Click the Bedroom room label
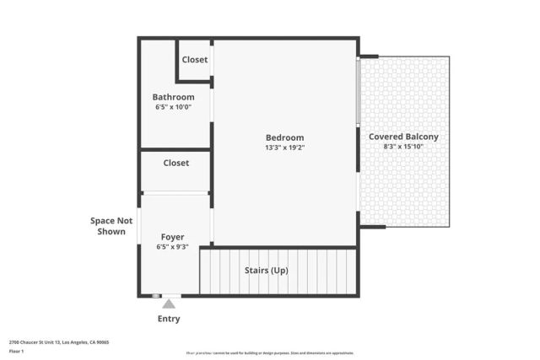[284, 137]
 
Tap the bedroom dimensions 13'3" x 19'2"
[284, 148]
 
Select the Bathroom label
[173, 97]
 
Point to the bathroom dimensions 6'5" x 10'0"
[173, 107]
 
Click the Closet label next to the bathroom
[195, 60]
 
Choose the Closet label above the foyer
[175, 163]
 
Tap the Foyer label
[172, 237]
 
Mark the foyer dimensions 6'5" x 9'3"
[172, 247]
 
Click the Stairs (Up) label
[266, 271]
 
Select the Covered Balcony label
[403, 137]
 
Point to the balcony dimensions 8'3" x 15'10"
[403, 147]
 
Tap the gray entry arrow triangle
[169, 304]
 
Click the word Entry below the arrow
[169, 319]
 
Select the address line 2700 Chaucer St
[59, 342]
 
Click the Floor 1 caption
[17, 351]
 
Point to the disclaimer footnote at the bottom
[270, 353]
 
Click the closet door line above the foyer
[175, 193]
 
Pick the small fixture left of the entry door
[155, 296]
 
